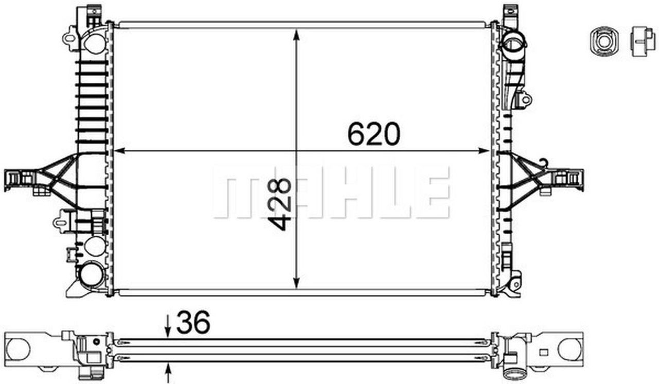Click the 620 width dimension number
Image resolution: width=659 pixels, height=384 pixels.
pos(373,134)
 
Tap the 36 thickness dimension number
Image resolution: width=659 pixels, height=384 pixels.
pos(193,323)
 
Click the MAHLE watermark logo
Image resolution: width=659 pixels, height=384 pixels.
pos(331,192)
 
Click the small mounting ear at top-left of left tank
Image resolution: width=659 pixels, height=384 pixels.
pos(68,38)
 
